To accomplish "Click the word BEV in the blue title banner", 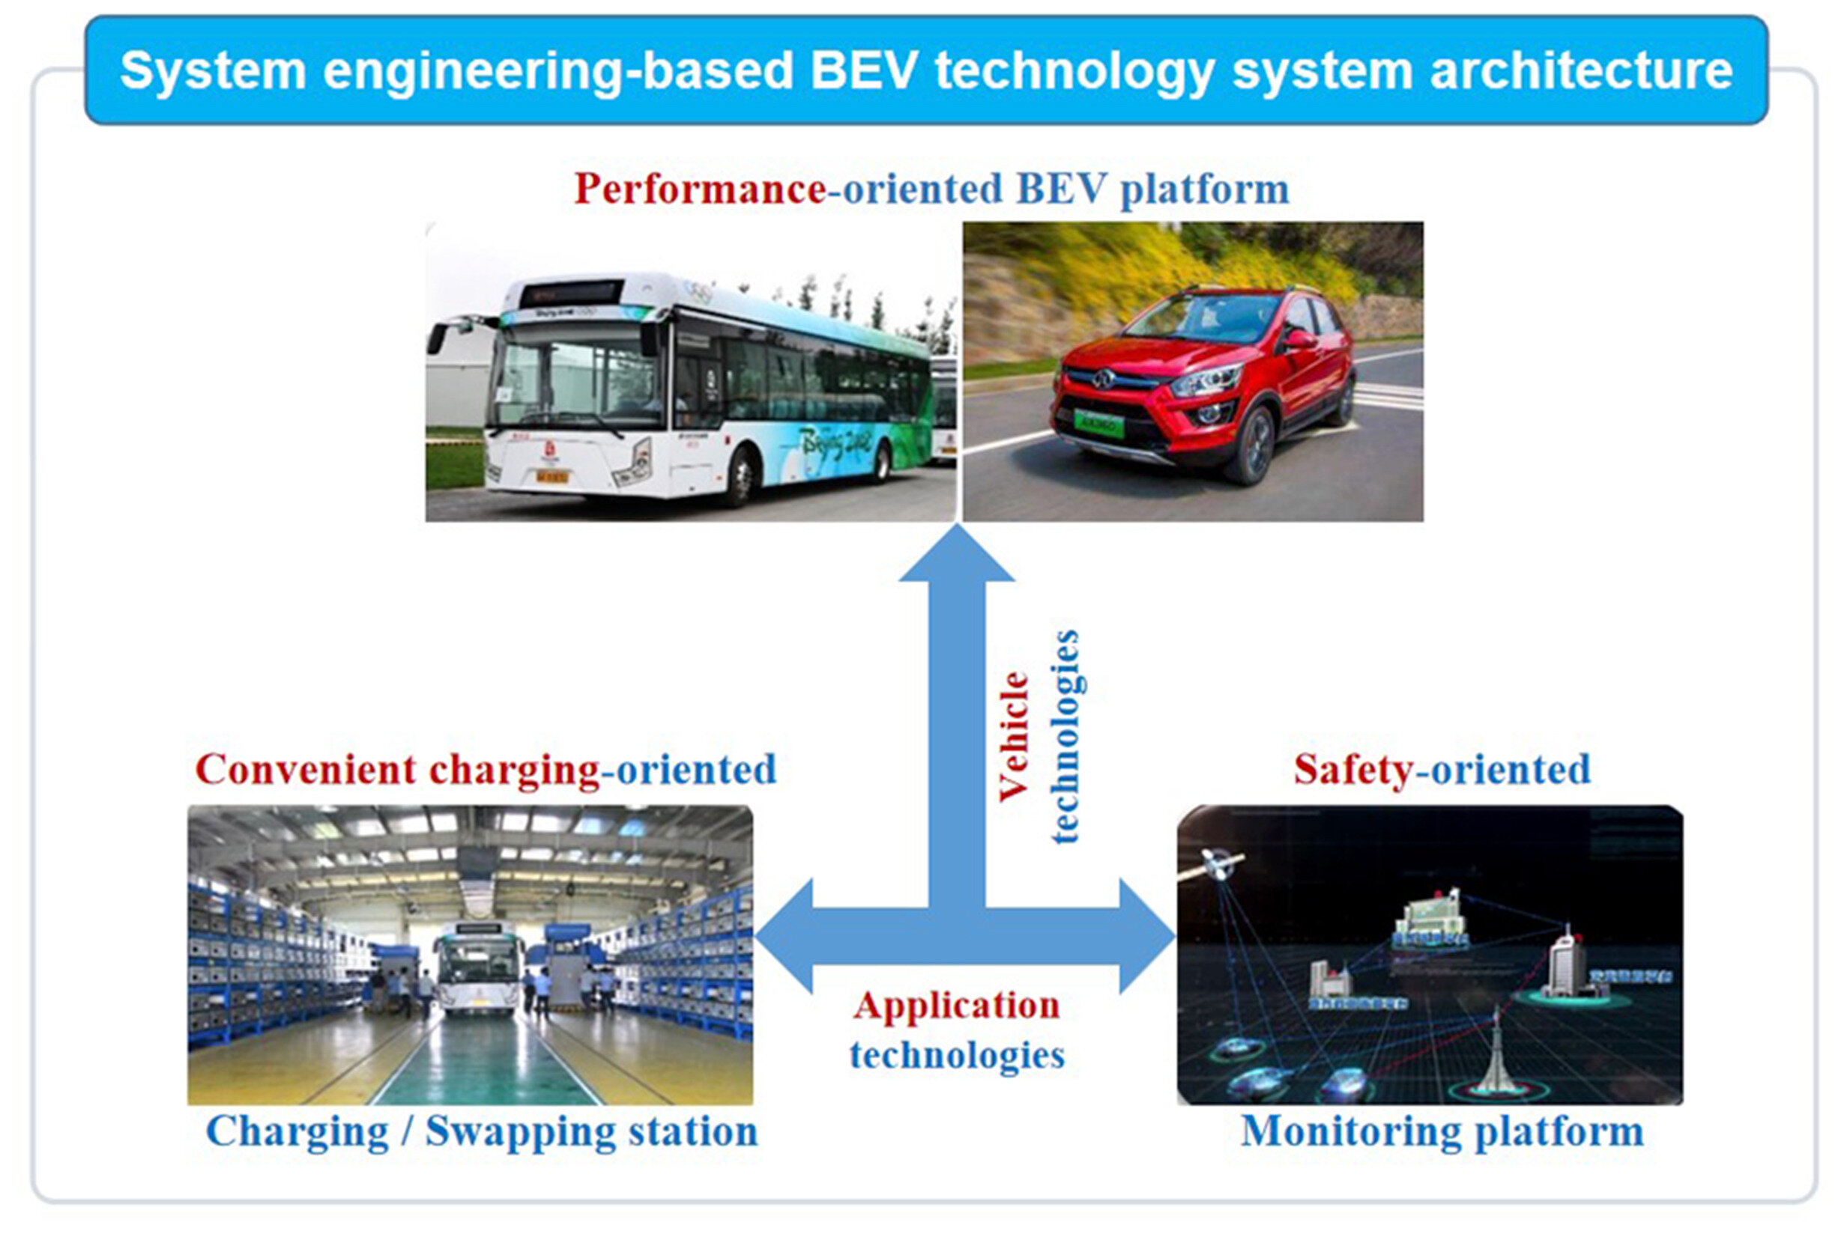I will (864, 71).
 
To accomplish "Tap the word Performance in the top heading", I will (700, 189).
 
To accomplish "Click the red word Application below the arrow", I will (957, 1006).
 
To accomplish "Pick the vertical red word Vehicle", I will (1014, 737).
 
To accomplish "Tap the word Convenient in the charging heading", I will (305, 770).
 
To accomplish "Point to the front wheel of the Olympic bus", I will (740, 474).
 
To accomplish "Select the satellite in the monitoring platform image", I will (1220, 865).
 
